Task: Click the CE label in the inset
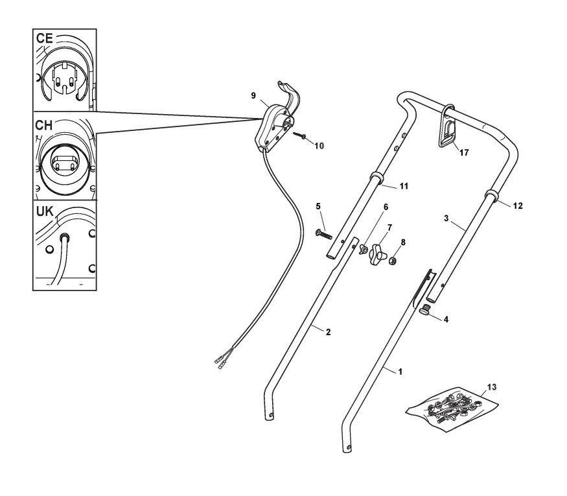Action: coord(46,38)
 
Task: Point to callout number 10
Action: coord(319,146)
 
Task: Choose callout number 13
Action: coord(492,387)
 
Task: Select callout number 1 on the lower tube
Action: coord(400,372)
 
